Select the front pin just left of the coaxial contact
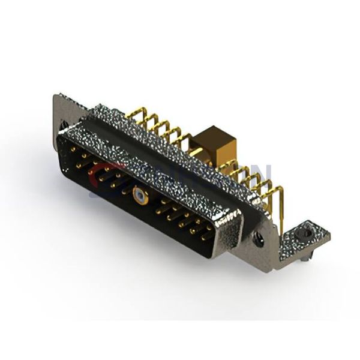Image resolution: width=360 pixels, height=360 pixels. [x=124, y=191]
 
